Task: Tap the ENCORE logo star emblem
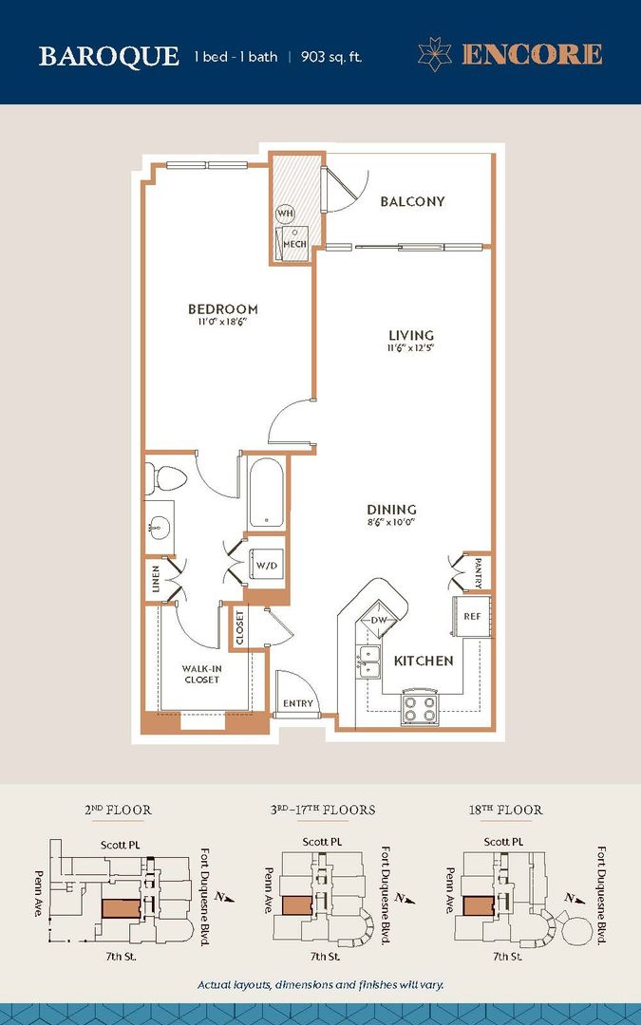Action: (436, 54)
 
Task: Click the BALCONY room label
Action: (412, 201)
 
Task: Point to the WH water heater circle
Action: (285, 214)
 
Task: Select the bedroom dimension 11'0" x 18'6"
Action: (222, 323)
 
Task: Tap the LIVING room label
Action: (411, 335)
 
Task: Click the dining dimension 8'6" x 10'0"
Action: (391, 522)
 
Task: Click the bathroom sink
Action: (159, 524)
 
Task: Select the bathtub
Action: (267, 494)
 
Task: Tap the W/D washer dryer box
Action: (266, 566)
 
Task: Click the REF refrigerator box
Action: (472, 616)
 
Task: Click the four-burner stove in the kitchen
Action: (419, 707)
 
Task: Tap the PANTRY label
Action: (478, 572)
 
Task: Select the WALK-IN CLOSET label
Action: (201, 674)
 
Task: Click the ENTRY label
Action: (297, 704)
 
